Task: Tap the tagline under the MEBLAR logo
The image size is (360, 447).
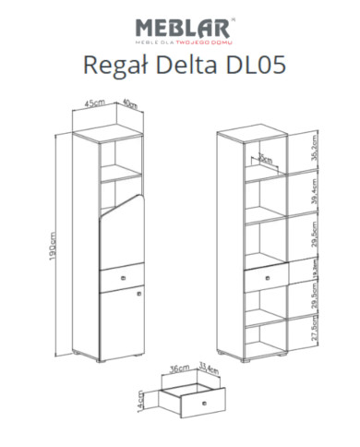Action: pos(181,42)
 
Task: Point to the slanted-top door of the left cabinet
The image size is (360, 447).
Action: pos(123,231)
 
